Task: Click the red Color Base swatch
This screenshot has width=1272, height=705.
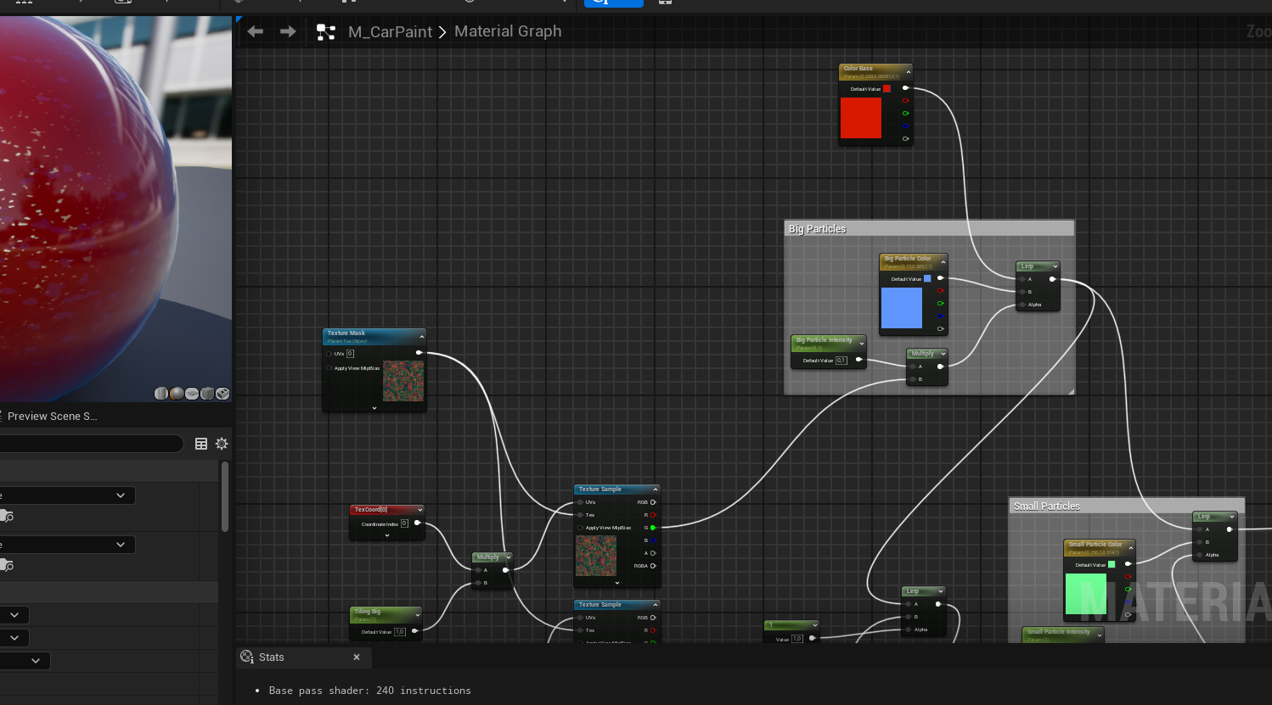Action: pyautogui.click(x=860, y=118)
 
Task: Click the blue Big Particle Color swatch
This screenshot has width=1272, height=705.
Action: pyautogui.click(x=901, y=307)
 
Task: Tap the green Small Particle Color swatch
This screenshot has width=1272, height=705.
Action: pyautogui.click(x=1085, y=594)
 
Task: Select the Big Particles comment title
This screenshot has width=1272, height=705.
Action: pyautogui.click(x=817, y=229)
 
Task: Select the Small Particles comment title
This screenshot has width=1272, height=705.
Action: pyautogui.click(x=1046, y=506)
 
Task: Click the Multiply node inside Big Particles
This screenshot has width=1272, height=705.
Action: pyautogui.click(x=926, y=354)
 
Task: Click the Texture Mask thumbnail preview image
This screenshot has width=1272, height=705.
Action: pyautogui.click(x=403, y=381)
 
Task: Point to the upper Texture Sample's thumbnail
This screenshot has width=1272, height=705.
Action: pyautogui.click(x=596, y=556)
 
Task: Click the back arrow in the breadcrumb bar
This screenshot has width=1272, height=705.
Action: pyautogui.click(x=255, y=31)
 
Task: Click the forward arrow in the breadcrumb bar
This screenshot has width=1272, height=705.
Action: pyautogui.click(x=288, y=31)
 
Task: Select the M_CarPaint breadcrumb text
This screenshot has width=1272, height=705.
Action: pyautogui.click(x=390, y=32)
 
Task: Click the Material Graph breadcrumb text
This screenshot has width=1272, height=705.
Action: pyautogui.click(x=508, y=31)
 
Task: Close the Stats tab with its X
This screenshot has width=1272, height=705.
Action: pyautogui.click(x=357, y=657)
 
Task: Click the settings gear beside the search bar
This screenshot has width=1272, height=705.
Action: pyautogui.click(x=222, y=444)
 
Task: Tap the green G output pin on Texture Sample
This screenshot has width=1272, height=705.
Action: pyautogui.click(x=652, y=528)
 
